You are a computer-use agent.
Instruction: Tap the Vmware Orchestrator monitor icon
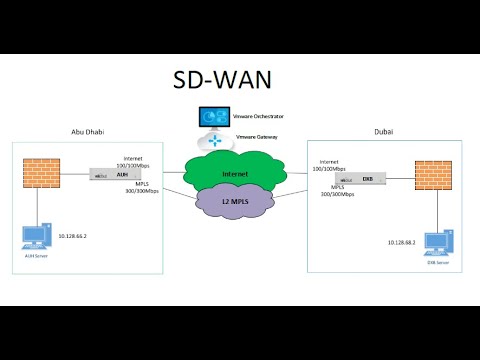[212, 117]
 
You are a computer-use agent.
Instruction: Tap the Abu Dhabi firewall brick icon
[38, 171]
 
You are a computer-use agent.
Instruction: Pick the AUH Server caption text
[36, 257]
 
